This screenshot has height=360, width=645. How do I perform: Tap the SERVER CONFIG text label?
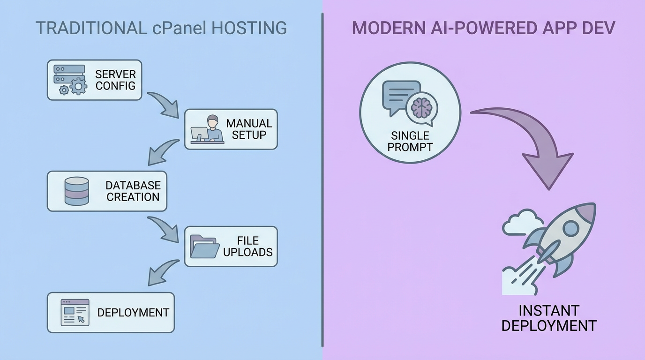click(x=115, y=80)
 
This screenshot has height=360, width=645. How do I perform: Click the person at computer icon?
click(x=207, y=129)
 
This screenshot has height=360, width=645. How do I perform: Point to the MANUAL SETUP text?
click(x=249, y=129)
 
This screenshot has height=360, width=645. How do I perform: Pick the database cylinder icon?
click(x=76, y=191)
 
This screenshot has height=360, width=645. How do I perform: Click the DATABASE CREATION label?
click(x=133, y=191)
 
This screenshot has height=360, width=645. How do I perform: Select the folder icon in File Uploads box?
click(x=204, y=247)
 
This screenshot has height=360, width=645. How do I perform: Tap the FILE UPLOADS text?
click(x=247, y=247)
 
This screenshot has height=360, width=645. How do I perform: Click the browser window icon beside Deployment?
click(x=75, y=312)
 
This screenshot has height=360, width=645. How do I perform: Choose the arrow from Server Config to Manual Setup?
click(x=164, y=104)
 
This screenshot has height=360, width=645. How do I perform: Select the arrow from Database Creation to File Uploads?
click(x=164, y=229)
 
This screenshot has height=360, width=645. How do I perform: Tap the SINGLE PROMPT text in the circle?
click(x=410, y=141)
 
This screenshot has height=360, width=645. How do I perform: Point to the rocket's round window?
click(x=570, y=229)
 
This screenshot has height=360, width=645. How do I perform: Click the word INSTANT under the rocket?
click(x=548, y=311)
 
